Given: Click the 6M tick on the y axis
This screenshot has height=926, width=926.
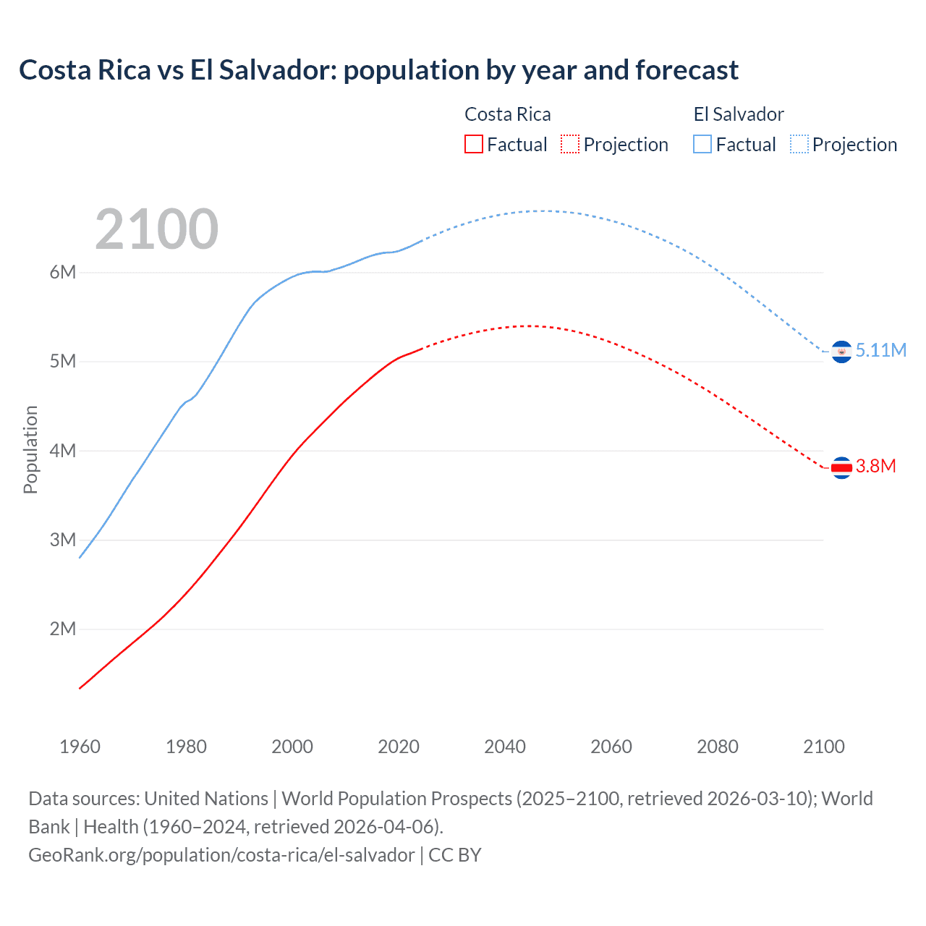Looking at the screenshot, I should tap(63, 273).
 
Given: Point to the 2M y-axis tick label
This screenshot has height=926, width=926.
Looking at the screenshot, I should tap(63, 629).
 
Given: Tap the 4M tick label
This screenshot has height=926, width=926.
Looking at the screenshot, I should tap(63, 451).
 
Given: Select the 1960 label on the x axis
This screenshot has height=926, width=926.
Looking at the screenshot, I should tap(80, 747).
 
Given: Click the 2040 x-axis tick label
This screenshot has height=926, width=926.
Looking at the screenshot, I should tap(505, 747).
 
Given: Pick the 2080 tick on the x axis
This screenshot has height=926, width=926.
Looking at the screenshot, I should tap(718, 747).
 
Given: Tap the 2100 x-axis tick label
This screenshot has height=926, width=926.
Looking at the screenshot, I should tap(823, 747).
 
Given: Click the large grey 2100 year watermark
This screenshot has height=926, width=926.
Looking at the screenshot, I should tap(156, 229).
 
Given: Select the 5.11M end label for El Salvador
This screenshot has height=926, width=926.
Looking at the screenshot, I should tap(880, 350).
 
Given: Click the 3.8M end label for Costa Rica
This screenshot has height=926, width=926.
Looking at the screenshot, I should tap(875, 467).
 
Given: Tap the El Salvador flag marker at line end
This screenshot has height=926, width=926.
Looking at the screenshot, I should tap(841, 352).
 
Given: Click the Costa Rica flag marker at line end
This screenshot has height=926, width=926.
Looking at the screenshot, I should tap(841, 468).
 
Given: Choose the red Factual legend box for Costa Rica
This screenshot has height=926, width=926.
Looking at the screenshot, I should tap(473, 145).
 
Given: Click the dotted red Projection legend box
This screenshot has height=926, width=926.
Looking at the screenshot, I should tap(570, 145).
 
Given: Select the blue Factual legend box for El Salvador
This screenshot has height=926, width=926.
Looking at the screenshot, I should tap(702, 145).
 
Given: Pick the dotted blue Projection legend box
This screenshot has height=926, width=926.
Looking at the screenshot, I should tap(799, 145).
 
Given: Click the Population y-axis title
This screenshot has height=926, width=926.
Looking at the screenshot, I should tap(30, 449).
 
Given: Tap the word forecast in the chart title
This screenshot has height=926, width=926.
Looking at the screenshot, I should tap(687, 70).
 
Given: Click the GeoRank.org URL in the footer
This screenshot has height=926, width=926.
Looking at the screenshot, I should tap(221, 855).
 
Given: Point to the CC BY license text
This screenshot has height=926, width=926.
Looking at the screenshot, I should tap(455, 855).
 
